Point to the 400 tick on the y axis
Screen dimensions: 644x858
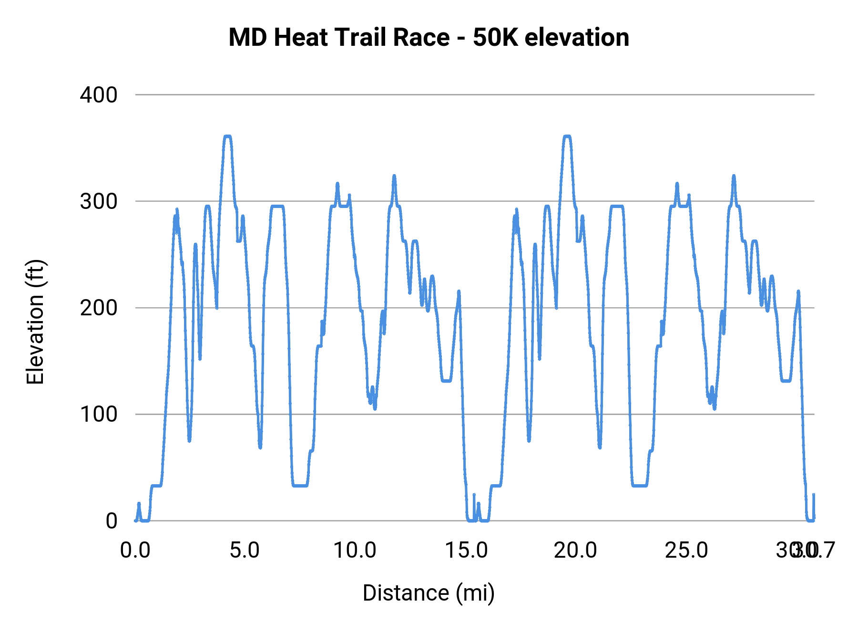[x=99, y=95]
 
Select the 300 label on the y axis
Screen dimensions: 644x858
[x=99, y=201]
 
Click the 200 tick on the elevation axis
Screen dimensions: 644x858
[x=99, y=308]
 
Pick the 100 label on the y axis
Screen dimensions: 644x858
[x=99, y=414]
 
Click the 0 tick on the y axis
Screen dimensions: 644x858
[x=111, y=521]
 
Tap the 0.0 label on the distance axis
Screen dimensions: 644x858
[x=135, y=551]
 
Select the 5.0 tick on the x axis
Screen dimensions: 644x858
[x=245, y=551]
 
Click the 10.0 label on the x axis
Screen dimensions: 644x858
[x=355, y=551]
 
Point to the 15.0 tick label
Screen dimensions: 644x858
[x=466, y=551]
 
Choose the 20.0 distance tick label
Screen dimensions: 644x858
[x=575, y=551]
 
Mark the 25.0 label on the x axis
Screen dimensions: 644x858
[x=686, y=551]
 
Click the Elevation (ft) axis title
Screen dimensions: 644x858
[x=35, y=322]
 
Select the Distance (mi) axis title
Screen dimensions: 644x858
[x=429, y=593]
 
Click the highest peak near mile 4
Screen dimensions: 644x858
[x=227, y=137]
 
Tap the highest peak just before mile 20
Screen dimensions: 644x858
[x=567, y=137]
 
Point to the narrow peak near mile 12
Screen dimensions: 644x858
[x=394, y=176]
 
